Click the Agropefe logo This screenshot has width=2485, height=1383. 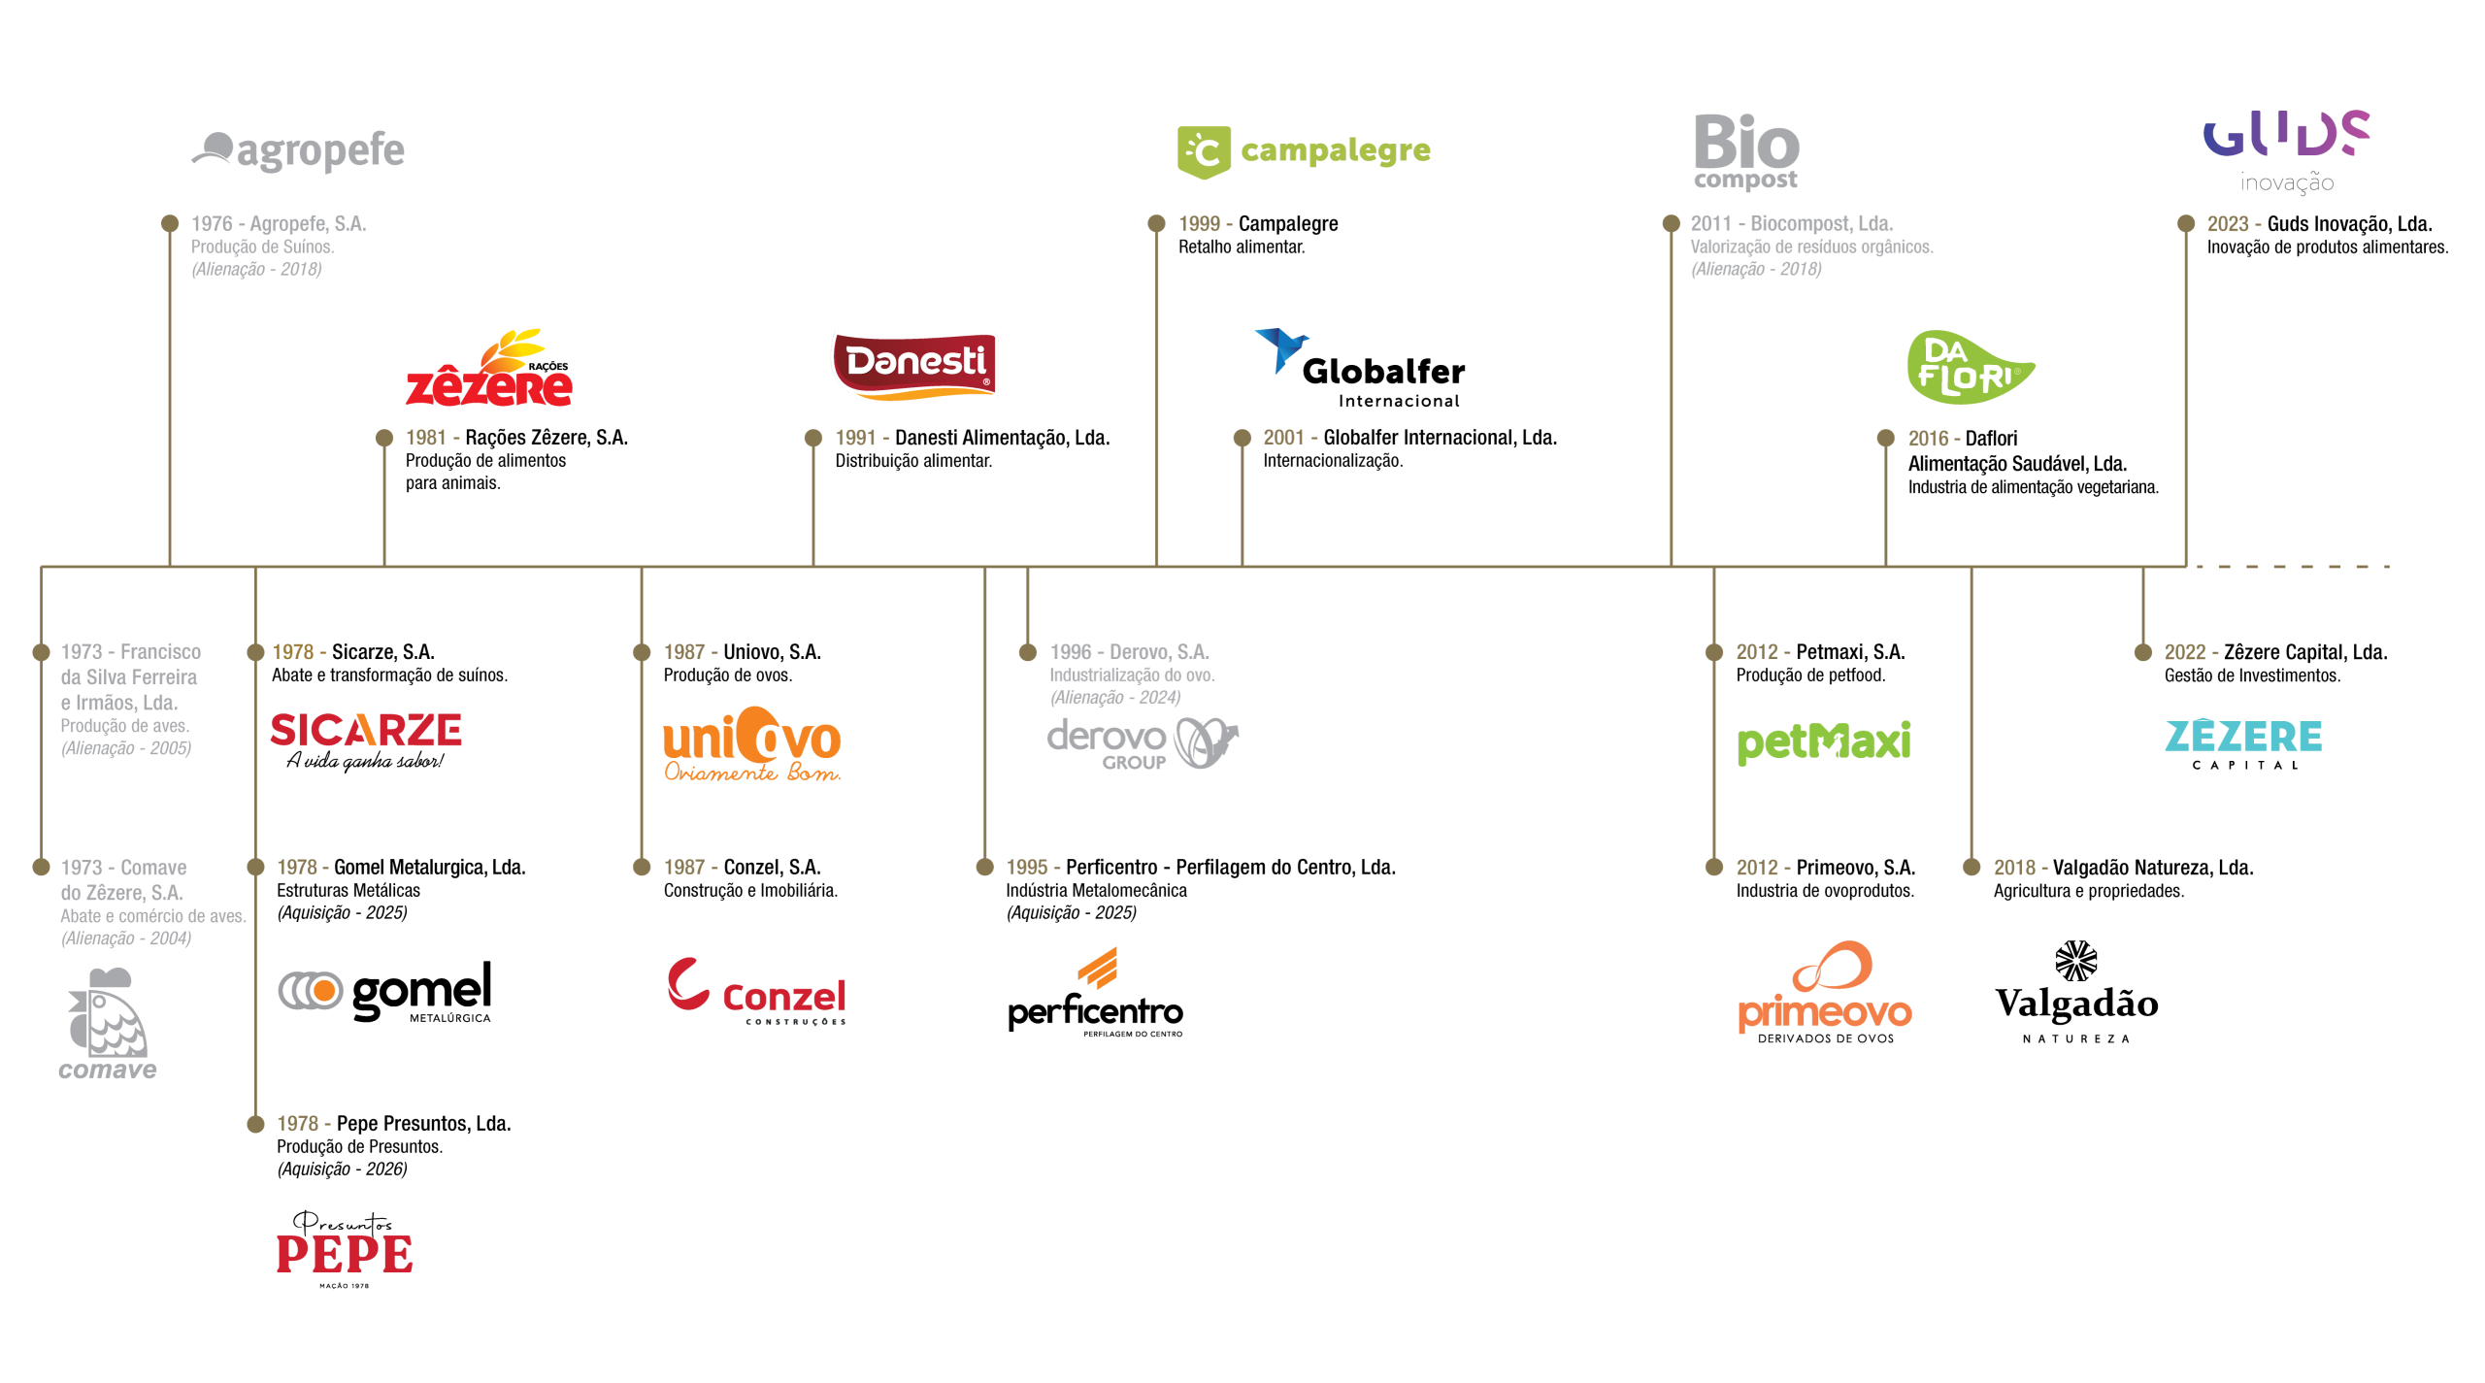[x=298, y=150]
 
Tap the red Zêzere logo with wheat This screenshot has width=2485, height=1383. [x=489, y=370]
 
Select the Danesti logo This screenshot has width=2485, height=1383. [x=914, y=365]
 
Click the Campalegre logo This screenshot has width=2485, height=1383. [x=1304, y=151]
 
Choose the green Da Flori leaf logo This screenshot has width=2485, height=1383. [x=1969, y=368]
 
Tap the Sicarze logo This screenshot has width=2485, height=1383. [x=366, y=731]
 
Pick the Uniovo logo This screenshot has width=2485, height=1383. [x=752, y=744]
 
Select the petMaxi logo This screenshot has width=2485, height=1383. [x=1824, y=742]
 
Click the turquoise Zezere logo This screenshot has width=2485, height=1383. [x=2243, y=736]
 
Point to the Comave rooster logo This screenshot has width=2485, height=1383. [x=107, y=1024]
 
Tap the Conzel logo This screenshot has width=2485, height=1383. [x=756, y=991]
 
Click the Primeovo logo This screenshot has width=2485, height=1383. [x=1825, y=987]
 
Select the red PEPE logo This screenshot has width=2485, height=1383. [x=345, y=1254]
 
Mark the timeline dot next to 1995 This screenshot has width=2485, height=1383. [x=984, y=868]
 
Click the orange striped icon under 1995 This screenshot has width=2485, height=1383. [x=1098, y=969]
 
